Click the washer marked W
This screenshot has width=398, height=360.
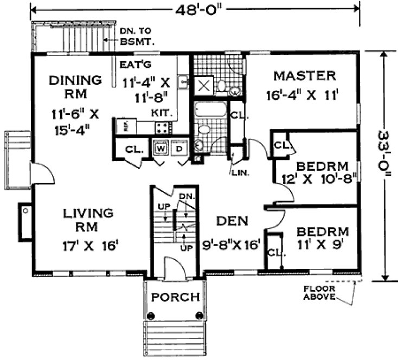pyautogui.click(x=161, y=147)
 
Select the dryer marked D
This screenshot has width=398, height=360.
pyautogui.click(x=179, y=147)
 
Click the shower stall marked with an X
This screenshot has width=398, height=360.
pyautogui.click(x=204, y=85)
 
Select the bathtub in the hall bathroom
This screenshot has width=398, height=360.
pyautogui.click(x=209, y=111)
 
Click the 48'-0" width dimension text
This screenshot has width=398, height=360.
pyautogui.click(x=198, y=9)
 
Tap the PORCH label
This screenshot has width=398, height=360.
pyautogui.click(x=175, y=298)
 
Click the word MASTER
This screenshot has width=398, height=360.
pyautogui.click(x=304, y=75)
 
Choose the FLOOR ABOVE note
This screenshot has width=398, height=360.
pyautogui.click(x=318, y=293)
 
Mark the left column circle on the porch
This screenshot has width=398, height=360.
pyautogui.click(x=152, y=316)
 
